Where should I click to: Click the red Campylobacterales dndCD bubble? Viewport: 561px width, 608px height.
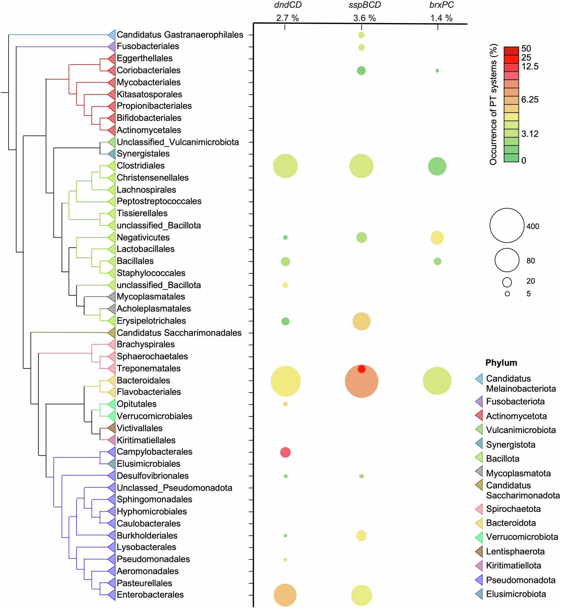point(285,452)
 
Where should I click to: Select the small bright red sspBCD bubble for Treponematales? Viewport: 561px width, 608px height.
point(361,369)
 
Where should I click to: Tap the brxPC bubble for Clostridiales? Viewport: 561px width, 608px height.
point(437,166)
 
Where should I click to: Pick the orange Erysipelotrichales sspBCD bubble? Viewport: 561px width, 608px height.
point(361,321)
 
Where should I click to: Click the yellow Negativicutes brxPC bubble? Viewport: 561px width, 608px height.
point(437,238)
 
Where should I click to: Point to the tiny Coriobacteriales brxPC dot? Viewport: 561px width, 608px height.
point(437,70)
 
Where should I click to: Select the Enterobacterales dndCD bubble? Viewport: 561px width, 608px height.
point(285,595)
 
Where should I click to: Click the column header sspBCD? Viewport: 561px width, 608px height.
point(364,5)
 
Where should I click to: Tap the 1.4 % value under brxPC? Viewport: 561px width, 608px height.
point(441,18)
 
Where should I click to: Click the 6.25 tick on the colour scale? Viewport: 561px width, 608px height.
point(530,99)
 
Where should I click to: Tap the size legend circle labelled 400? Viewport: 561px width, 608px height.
point(507,225)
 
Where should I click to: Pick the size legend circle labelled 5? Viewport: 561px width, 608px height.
point(507,293)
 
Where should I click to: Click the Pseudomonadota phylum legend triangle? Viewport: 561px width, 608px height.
point(479,580)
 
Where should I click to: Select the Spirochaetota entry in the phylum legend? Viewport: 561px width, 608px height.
point(513,509)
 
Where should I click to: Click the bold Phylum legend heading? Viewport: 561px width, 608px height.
point(501,363)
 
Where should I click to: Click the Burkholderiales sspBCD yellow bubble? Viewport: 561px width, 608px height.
point(361,535)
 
